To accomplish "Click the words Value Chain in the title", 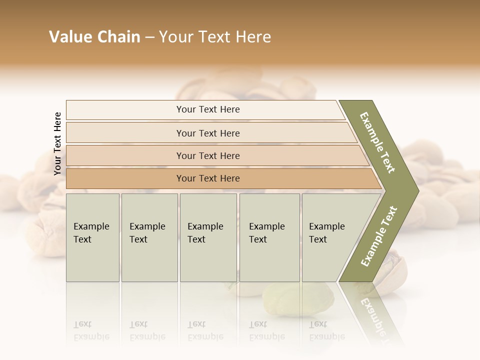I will [94, 37].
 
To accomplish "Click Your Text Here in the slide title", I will [215, 37].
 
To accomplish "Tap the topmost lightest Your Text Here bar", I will [207, 109].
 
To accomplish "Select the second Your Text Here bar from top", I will [207, 133].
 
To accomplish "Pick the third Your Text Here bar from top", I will [207, 155].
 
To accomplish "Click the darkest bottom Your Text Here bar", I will [207, 178].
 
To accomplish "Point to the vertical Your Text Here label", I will [57, 143].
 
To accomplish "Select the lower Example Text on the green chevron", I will [379, 236].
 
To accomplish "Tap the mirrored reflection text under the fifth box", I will [326, 330].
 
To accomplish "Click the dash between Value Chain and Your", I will [149, 37].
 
